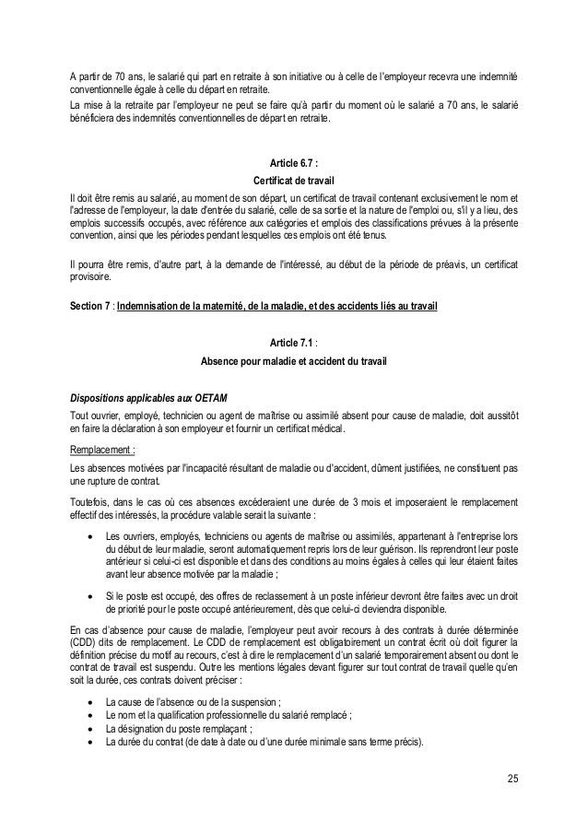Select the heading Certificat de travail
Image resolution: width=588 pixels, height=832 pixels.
pos(294,181)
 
